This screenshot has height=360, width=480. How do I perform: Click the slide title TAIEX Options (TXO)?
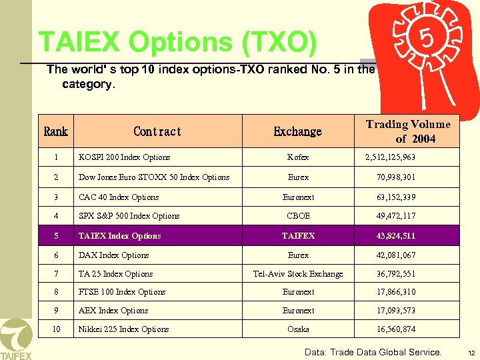[x=178, y=42]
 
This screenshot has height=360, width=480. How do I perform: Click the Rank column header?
[x=55, y=131]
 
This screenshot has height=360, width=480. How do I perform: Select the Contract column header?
[x=157, y=131]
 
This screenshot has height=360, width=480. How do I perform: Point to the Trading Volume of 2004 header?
[x=408, y=131]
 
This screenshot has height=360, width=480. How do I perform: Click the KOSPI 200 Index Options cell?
[x=125, y=157]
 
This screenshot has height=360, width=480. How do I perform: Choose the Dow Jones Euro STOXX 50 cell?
[x=154, y=177]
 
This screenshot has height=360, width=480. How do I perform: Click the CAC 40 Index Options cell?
[x=119, y=197]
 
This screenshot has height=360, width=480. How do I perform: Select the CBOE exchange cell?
[x=298, y=216]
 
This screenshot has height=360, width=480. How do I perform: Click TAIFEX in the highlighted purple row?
[x=298, y=236]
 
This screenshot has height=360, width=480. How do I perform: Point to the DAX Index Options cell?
[x=114, y=255]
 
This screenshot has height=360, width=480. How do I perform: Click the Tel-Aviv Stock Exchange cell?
[x=298, y=274]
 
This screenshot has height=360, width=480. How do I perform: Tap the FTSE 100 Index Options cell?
[x=122, y=292]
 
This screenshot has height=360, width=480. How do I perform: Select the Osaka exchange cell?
[x=298, y=329]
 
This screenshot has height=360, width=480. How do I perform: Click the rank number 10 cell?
[x=56, y=329]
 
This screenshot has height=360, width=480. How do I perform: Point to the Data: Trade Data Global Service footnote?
[x=373, y=352]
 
